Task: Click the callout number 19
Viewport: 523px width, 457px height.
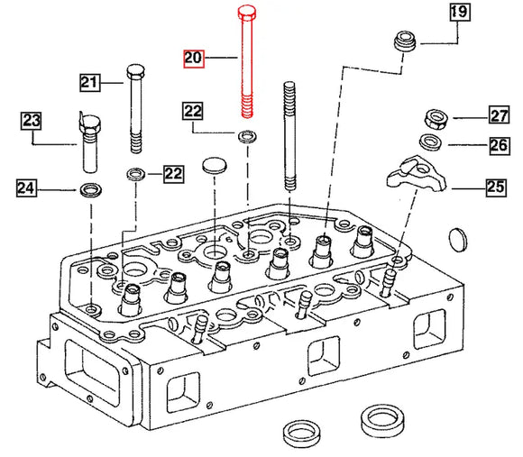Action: (458, 13)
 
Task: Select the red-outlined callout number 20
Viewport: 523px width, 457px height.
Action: (194, 59)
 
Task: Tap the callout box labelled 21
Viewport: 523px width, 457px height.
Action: (88, 83)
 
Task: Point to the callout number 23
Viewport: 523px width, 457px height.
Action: (32, 119)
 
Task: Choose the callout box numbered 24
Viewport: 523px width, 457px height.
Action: (26, 188)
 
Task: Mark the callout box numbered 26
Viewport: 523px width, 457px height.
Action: (500, 143)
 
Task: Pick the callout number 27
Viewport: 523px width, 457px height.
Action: (500, 114)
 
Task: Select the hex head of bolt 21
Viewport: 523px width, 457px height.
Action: (135, 71)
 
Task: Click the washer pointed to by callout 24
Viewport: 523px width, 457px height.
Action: (91, 189)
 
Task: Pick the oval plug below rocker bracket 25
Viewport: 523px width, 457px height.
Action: (459, 241)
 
